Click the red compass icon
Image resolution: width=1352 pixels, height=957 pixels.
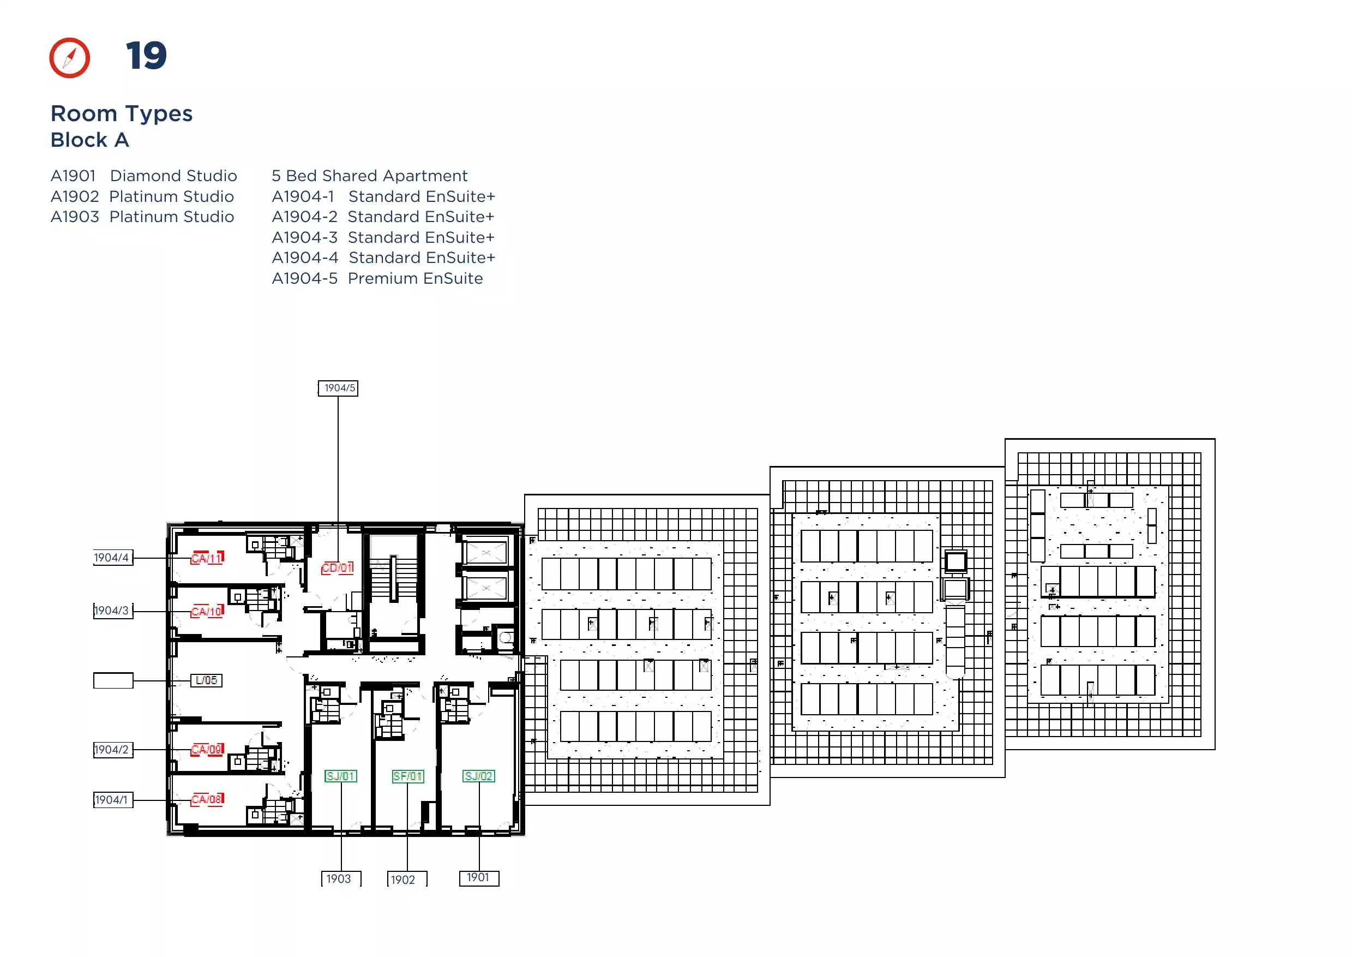click(69, 58)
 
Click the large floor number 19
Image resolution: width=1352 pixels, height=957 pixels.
click(146, 56)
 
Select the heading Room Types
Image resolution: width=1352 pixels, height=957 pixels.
click(122, 113)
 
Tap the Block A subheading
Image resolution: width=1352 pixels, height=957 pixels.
click(89, 140)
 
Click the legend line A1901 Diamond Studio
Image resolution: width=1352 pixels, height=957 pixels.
click(144, 176)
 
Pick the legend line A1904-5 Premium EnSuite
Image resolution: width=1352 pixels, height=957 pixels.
click(377, 278)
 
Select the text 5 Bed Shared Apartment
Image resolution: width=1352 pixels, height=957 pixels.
click(369, 176)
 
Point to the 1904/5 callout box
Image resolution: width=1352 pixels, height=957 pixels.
click(338, 388)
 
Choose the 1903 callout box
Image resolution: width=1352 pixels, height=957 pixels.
click(341, 878)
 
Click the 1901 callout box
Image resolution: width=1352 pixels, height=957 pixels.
click(479, 878)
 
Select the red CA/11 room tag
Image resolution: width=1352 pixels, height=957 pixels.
click(207, 558)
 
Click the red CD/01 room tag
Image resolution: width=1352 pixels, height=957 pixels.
click(338, 568)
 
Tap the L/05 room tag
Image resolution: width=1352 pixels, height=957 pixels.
click(206, 680)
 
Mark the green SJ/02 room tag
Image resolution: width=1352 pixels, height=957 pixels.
click(479, 776)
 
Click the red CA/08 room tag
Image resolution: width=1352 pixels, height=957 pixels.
click(207, 800)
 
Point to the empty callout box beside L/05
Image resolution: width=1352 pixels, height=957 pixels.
click(113, 680)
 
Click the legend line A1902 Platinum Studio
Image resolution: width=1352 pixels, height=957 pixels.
click(142, 196)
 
